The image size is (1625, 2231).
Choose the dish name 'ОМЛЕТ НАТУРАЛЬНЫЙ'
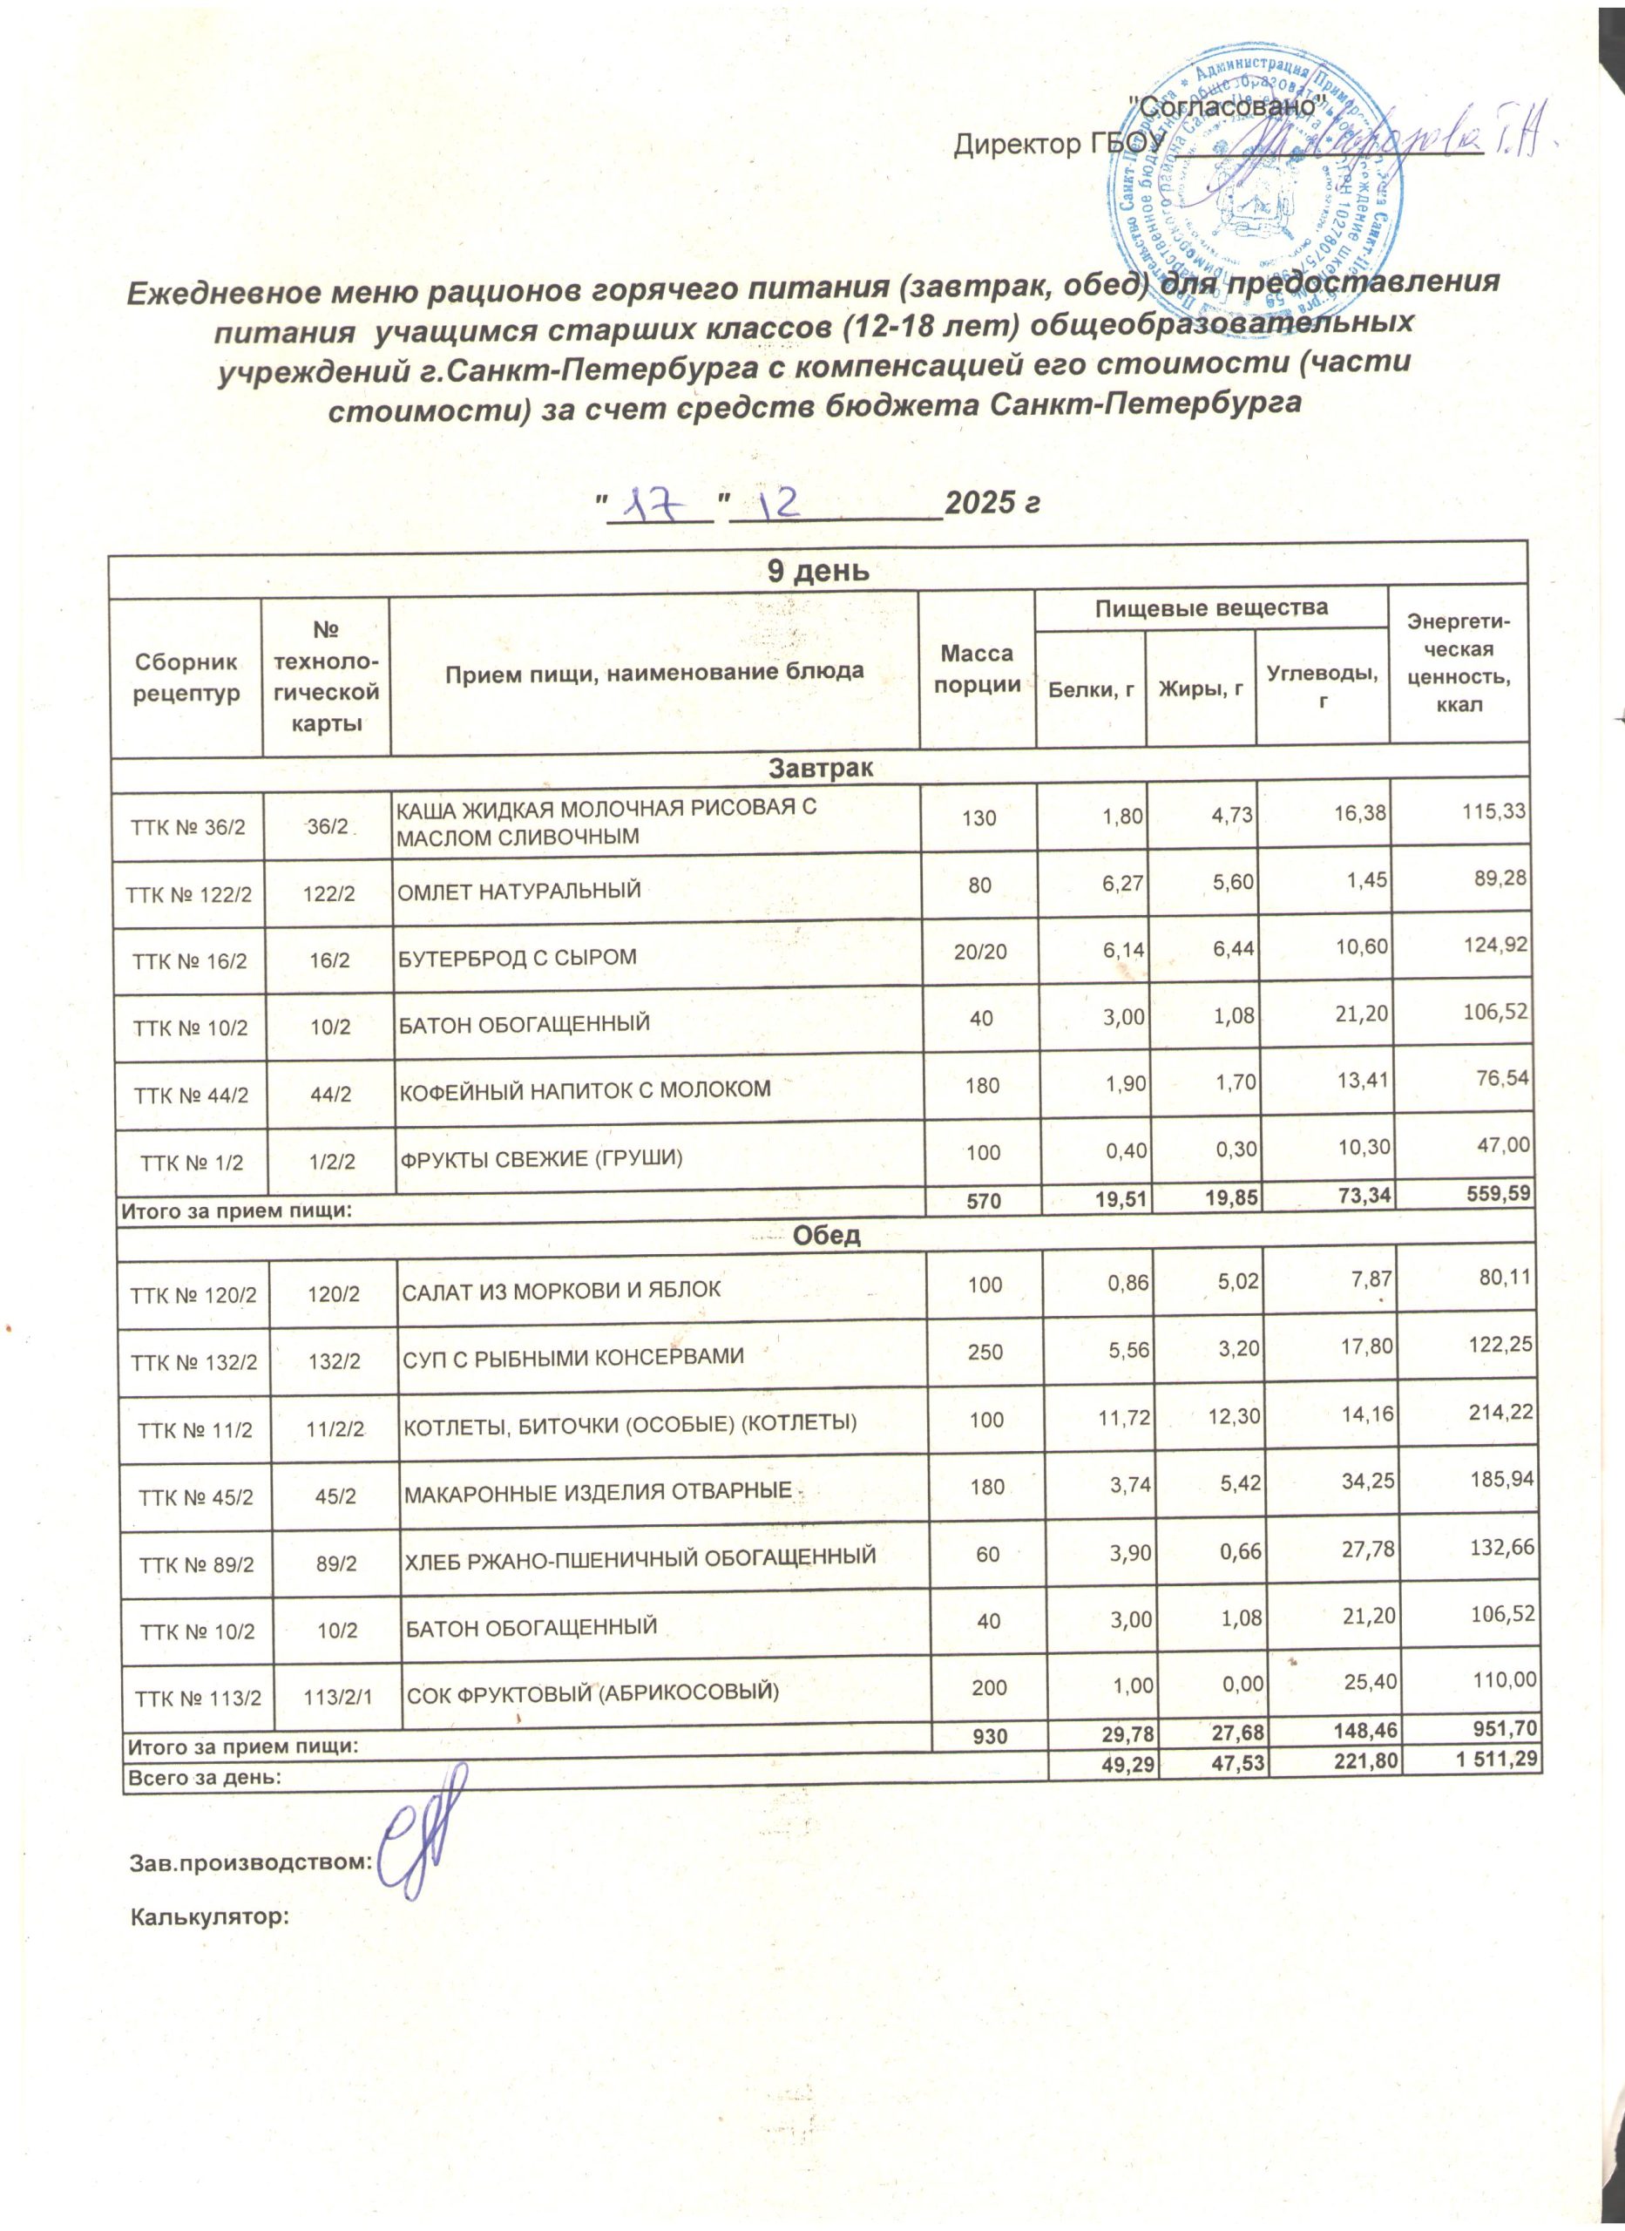pyautogui.click(x=519, y=891)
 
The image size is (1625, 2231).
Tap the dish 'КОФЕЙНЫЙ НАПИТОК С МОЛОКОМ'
pyautogui.click(x=583, y=1089)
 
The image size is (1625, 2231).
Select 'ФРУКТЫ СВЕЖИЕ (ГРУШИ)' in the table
pyautogui.click(x=540, y=1158)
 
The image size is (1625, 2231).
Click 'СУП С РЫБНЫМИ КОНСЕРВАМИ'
pyautogui.click(x=572, y=1358)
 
